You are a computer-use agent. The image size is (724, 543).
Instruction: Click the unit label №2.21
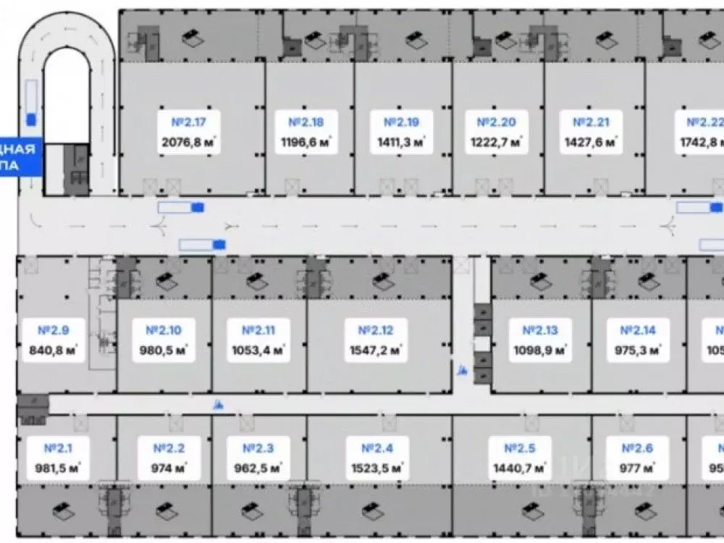pyautogui.click(x=592, y=122)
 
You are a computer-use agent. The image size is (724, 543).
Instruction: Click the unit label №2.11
pyautogui.click(x=258, y=331)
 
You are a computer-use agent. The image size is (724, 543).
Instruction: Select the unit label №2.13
pyautogui.click(x=540, y=331)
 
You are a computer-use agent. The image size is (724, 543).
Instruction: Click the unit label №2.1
pyautogui.click(x=57, y=448)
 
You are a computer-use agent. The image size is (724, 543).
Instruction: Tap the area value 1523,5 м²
pyautogui.click(x=376, y=468)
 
